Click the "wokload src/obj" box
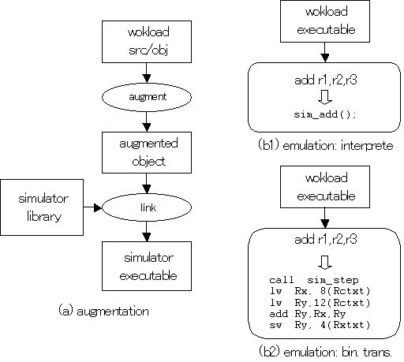(x=147, y=42)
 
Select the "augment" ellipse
(x=147, y=97)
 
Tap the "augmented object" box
(x=147, y=152)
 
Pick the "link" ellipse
(x=147, y=207)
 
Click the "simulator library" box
(x=42, y=207)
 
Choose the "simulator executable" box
(x=147, y=266)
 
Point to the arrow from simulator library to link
(x=92, y=207)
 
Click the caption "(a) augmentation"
(x=103, y=311)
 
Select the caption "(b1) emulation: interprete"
(x=326, y=145)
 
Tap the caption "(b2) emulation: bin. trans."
(x=325, y=352)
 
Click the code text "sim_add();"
(x=325, y=114)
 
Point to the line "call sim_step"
(x=314, y=280)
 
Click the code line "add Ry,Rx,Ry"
(x=308, y=314)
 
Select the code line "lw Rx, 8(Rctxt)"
(x=320, y=291)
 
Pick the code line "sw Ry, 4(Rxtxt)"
(x=320, y=325)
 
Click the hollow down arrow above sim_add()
(x=325, y=97)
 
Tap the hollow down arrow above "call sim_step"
(x=325, y=262)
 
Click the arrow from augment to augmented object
(x=147, y=121)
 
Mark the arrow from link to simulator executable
(x=147, y=232)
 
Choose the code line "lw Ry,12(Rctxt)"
(x=320, y=303)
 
